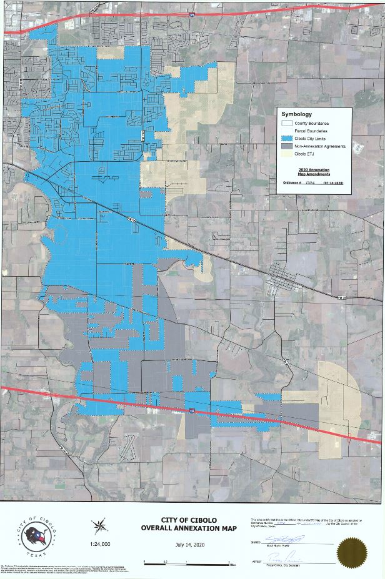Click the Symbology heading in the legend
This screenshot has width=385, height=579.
(x=296, y=114)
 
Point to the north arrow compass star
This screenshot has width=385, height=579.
(x=99, y=527)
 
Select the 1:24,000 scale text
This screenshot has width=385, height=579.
(x=100, y=544)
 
